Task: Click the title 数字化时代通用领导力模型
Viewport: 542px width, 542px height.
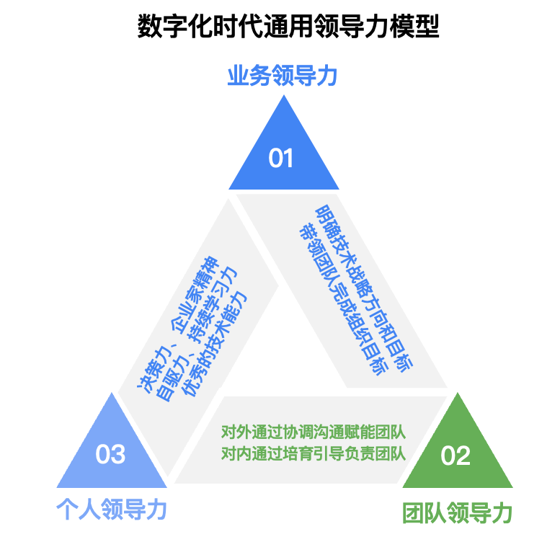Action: click(288, 27)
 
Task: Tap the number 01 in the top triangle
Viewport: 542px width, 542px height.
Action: click(281, 158)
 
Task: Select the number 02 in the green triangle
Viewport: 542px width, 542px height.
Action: click(456, 456)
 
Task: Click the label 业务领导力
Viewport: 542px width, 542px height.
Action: click(283, 76)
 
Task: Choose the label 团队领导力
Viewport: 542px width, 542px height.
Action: click(457, 513)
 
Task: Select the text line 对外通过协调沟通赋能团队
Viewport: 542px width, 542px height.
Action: click(313, 433)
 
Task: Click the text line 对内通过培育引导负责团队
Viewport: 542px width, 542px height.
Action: click(313, 453)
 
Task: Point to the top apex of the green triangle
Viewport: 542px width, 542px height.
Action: click(457, 394)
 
